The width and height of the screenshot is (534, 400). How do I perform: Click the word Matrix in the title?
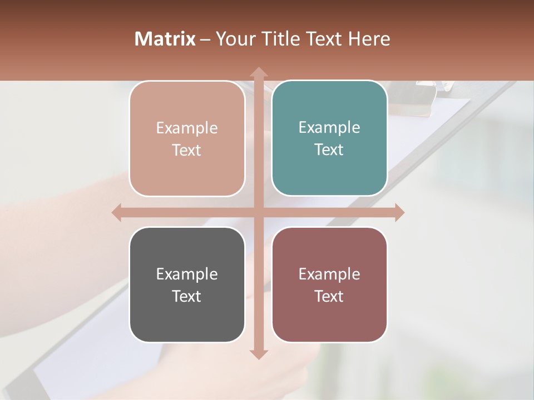[x=165, y=39]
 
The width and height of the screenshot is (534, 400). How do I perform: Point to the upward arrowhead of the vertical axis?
[x=259, y=72]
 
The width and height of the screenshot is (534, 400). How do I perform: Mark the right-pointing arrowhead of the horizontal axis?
[x=399, y=213]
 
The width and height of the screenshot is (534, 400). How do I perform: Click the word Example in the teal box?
[x=329, y=127]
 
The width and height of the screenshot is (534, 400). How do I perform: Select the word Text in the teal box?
[x=329, y=149]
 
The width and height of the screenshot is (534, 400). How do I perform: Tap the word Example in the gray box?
[x=187, y=274]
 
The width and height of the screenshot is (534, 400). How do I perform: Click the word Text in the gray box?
[x=187, y=296]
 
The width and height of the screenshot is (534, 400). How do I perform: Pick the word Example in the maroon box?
[x=329, y=274]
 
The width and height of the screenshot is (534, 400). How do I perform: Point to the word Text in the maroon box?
[x=329, y=296]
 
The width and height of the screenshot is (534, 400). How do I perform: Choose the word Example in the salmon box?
[x=187, y=128]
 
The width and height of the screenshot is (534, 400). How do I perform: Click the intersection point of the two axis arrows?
[x=259, y=213]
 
